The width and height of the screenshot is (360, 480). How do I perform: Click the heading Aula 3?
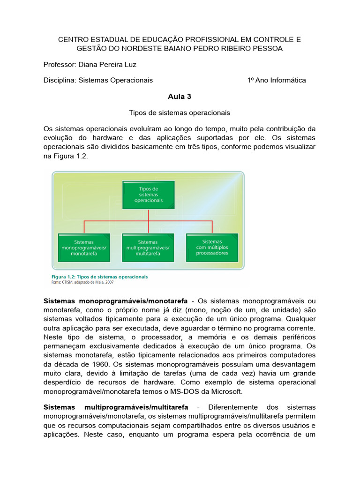point(180,97)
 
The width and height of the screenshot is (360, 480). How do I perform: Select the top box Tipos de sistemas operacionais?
point(148,195)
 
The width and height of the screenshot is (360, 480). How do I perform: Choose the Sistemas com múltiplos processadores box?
point(212,247)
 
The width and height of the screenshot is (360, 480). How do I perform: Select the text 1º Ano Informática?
point(277,80)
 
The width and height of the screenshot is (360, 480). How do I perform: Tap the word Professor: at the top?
point(60,65)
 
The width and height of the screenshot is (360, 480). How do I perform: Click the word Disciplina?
point(60,80)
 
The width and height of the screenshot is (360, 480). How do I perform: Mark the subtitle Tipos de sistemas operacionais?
point(180,113)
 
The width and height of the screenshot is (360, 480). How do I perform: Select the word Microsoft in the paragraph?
point(226,391)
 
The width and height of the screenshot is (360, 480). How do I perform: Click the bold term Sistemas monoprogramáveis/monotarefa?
point(115,300)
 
